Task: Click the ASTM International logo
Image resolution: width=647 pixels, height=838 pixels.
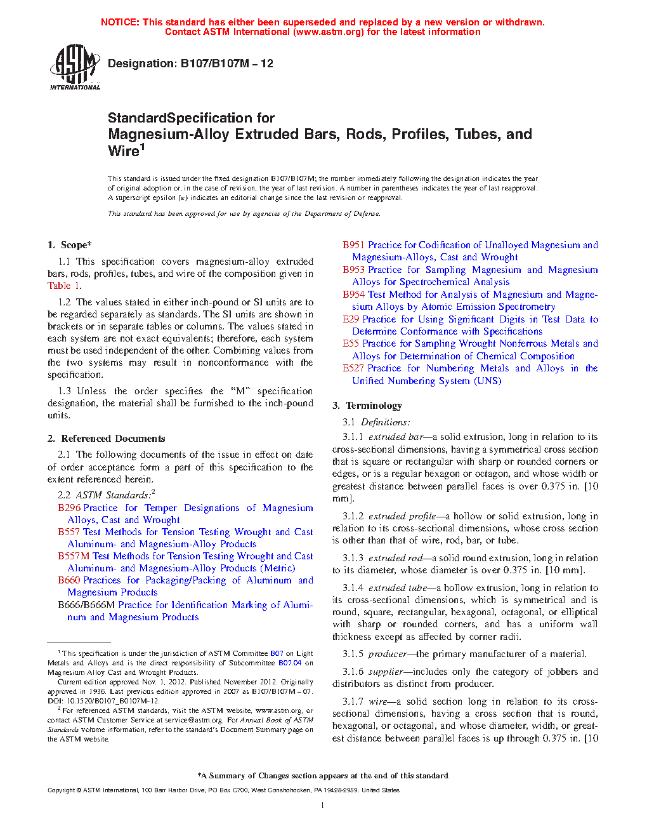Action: point(74,67)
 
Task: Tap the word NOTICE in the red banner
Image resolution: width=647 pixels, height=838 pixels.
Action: point(120,22)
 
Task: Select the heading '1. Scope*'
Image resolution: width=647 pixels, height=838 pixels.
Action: point(69,245)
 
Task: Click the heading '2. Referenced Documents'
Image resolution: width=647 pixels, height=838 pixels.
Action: point(106,439)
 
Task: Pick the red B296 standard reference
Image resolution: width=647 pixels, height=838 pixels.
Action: point(69,508)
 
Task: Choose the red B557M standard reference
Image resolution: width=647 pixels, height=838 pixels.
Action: point(74,556)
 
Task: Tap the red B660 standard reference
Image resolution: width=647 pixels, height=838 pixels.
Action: point(69,580)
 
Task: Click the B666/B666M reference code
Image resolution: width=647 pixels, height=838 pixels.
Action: point(86,605)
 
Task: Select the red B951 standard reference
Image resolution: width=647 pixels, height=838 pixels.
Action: point(354,245)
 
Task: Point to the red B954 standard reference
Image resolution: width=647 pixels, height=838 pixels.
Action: point(354,295)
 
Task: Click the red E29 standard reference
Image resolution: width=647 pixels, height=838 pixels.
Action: point(351,319)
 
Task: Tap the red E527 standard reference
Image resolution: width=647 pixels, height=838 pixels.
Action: point(353,368)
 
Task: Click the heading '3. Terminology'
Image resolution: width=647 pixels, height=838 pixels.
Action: point(367,406)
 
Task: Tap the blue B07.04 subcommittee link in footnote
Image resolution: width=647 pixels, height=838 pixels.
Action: point(290,663)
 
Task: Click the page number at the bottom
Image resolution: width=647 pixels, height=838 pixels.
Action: point(323,806)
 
